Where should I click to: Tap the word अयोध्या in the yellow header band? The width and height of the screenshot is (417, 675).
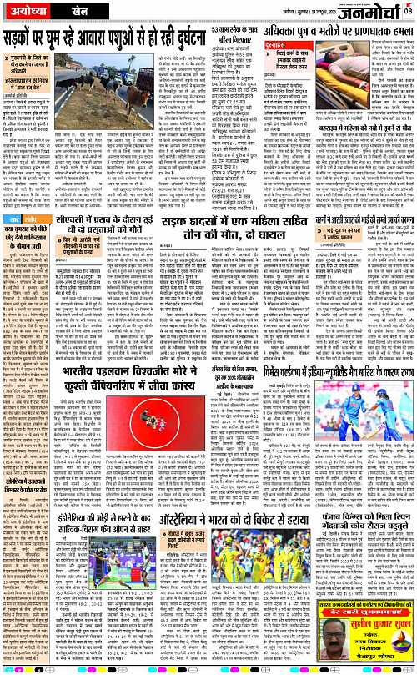[32, 11]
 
